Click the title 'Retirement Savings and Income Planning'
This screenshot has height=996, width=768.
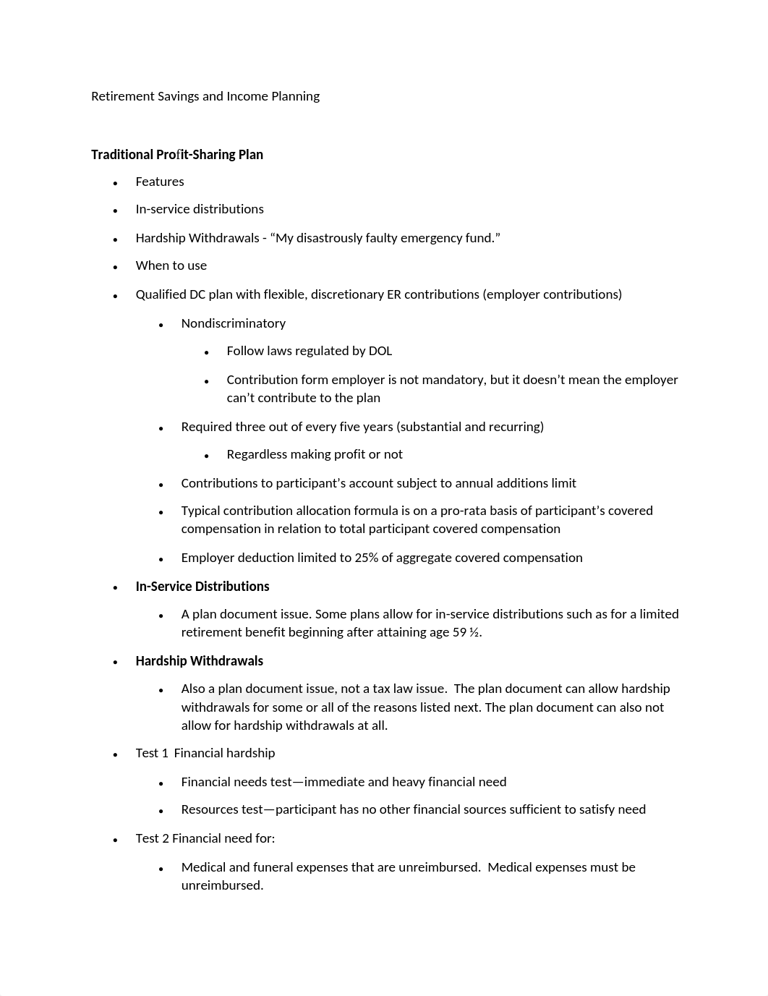tap(205, 96)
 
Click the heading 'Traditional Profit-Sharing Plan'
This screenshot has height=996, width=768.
tap(177, 155)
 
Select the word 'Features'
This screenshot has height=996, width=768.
tap(160, 182)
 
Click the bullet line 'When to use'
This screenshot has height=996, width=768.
tap(171, 265)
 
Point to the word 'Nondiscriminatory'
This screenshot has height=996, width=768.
tap(234, 323)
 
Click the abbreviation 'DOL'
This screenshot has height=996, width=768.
tap(380, 351)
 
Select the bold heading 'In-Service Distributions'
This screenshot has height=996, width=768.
tap(202, 587)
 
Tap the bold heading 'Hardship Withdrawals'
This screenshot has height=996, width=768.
tap(200, 661)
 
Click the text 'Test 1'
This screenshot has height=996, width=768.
tap(152, 753)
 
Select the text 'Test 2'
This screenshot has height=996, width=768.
tap(152, 838)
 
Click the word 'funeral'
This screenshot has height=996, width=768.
tap(274, 867)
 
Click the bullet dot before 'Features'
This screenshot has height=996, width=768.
tap(116, 183)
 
